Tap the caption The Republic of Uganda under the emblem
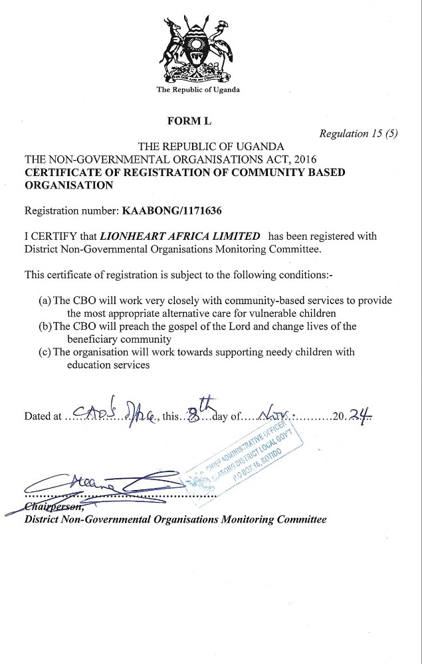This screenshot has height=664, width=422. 198,90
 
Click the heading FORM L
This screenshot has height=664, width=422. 189,120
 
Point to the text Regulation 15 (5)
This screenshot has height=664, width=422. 358,133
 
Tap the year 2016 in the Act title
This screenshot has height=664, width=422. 304,159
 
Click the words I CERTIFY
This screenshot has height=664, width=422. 51,236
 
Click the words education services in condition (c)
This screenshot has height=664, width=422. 108,364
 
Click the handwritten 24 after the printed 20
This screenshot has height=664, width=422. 360,415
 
